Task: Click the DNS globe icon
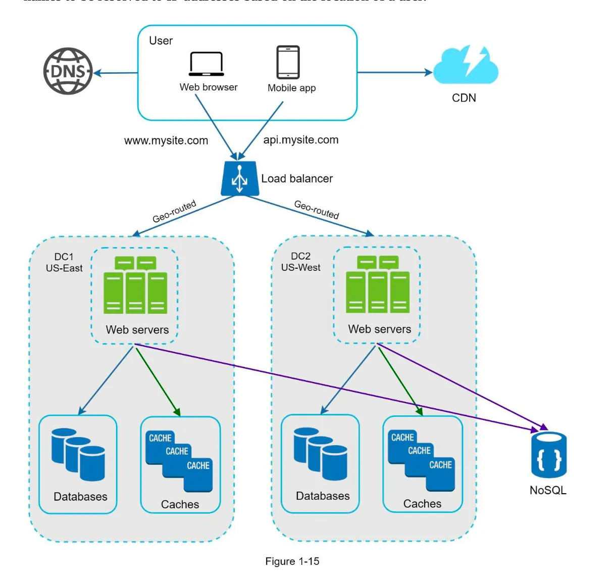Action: (x=68, y=71)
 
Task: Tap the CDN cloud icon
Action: (x=466, y=66)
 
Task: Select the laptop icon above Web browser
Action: (x=207, y=64)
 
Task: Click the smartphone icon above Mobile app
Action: (x=288, y=62)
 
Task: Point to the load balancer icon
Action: (x=240, y=178)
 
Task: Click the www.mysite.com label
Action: (x=166, y=140)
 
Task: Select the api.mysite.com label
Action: (x=301, y=140)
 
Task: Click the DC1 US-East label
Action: (x=64, y=263)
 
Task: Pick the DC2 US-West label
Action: (x=300, y=262)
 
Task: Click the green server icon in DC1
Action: (x=135, y=285)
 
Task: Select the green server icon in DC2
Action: (x=377, y=285)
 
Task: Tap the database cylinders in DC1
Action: (x=78, y=454)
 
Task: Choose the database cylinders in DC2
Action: (x=321, y=454)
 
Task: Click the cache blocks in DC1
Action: (x=179, y=461)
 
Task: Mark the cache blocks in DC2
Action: (x=422, y=460)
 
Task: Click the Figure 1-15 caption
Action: (x=292, y=561)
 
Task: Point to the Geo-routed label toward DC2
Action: (x=317, y=209)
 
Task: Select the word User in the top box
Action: (x=161, y=41)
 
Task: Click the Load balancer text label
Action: (x=297, y=178)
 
